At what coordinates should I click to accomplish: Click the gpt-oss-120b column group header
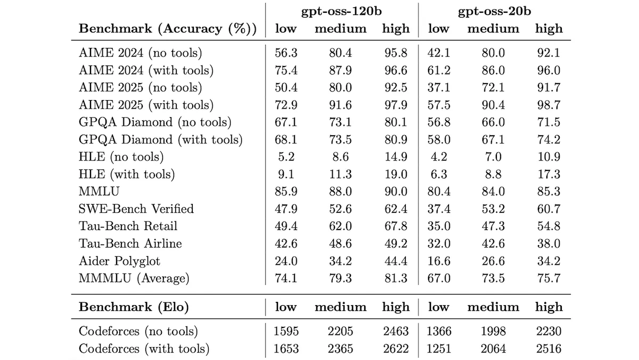341,11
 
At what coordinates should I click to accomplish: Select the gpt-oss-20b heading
494,11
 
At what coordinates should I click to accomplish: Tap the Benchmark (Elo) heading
134,307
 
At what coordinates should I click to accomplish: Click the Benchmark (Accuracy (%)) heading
168,29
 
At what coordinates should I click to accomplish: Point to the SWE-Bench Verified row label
136,209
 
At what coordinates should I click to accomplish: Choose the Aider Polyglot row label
119,261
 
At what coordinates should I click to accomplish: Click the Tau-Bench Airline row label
130,243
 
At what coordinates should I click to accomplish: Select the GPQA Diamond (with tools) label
161,140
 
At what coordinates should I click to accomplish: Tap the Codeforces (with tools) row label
144,349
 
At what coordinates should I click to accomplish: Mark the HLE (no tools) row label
121,157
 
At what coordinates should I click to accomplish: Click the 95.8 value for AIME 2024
396,53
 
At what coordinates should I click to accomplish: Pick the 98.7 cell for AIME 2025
548,105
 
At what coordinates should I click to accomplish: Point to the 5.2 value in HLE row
286,157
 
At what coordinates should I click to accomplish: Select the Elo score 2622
396,349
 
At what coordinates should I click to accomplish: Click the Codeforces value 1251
439,349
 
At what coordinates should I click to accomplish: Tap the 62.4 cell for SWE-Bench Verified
396,209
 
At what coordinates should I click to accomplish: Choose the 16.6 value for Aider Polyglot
439,261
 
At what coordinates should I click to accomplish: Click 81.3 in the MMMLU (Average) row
396,278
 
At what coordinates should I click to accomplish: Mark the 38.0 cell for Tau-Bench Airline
548,243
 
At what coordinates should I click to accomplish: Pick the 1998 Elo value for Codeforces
493,331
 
